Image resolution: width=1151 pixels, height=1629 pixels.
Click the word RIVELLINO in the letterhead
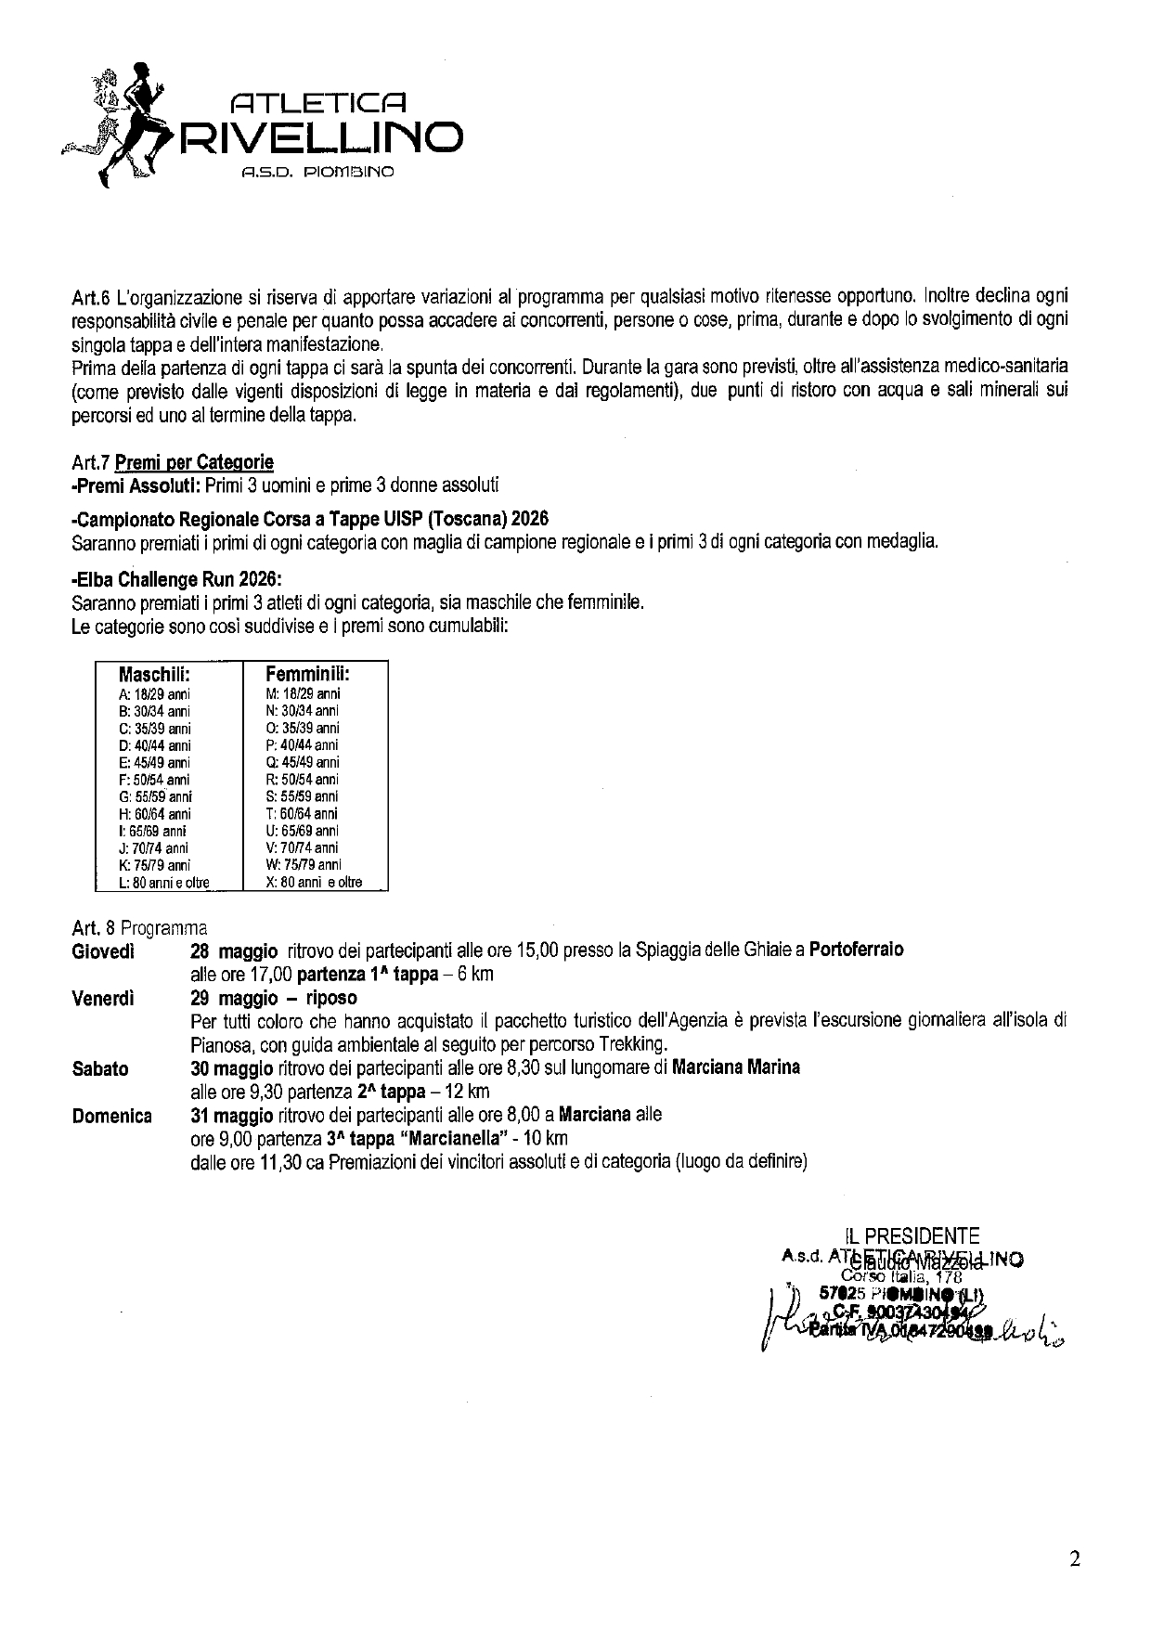(320, 138)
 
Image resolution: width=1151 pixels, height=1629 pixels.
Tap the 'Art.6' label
(90, 297)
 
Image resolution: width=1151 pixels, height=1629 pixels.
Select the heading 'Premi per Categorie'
(194, 462)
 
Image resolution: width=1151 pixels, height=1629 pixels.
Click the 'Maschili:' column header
(154, 675)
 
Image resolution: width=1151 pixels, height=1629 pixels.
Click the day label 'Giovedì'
(103, 951)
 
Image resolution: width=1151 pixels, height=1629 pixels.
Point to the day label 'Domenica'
(111, 1116)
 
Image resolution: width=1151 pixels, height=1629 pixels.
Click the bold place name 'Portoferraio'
(856, 950)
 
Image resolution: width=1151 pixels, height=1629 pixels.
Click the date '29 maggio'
(234, 999)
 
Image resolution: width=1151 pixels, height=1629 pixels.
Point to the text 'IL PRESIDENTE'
(912, 1236)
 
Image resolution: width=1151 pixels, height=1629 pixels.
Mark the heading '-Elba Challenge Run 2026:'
(175, 580)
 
